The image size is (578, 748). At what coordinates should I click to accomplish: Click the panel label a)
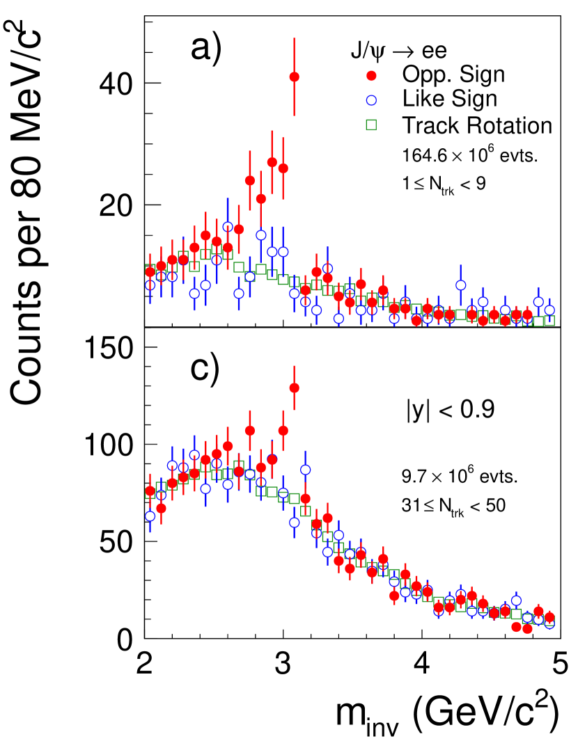pyautogui.click(x=205, y=50)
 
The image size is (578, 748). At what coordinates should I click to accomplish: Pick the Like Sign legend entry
pyautogui.click(x=449, y=99)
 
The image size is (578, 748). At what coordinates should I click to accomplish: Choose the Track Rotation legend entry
pyautogui.click(x=476, y=125)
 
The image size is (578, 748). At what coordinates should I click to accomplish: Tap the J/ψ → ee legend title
pyautogui.click(x=398, y=50)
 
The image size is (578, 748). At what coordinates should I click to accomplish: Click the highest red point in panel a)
pyautogui.click(x=294, y=77)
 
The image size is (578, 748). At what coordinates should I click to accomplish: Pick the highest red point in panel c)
pyautogui.click(x=294, y=388)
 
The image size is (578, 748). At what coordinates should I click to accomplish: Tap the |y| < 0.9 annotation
pyautogui.click(x=451, y=411)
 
